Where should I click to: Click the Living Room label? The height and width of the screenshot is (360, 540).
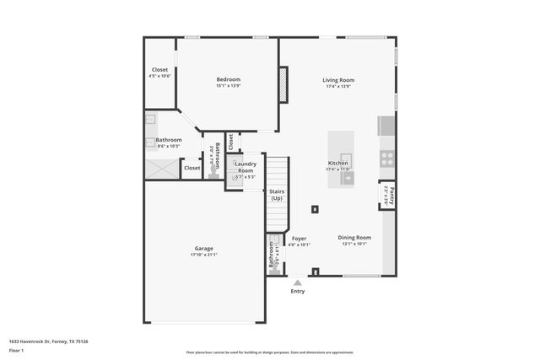pos(337,80)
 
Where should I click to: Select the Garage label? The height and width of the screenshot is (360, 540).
pos(203,248)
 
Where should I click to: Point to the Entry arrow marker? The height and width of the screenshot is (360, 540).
pos(298,282)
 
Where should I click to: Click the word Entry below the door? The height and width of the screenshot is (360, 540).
pos(298,292)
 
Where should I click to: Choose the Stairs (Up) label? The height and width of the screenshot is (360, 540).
pos(277,195)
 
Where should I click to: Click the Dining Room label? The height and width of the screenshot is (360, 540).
pos(354,238)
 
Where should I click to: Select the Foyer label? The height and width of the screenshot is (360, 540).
pos(300,239)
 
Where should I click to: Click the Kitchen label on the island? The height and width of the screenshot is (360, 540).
pos(338,163)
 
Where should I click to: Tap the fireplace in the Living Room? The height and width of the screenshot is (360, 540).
pos(283,83)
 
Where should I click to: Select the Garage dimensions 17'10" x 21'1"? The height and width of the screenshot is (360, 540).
pos(203,255)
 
